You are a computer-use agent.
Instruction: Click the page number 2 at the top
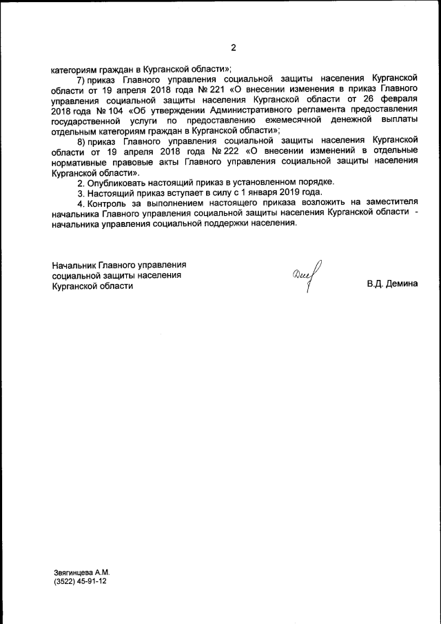(233, 48)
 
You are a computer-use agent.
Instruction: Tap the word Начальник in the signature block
(74, 265)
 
